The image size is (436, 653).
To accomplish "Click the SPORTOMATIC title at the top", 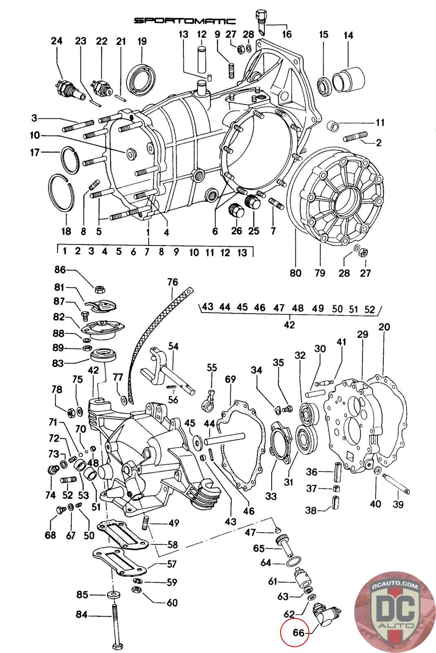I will tap(185, 21).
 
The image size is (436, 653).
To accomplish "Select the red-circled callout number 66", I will tap(299, 633).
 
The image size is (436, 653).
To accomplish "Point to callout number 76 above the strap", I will tap(172, 282).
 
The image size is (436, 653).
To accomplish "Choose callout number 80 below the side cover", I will tap(295, 272).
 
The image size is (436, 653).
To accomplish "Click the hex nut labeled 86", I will tap(99, 289).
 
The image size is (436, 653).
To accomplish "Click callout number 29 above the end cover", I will tap(362, 334).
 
